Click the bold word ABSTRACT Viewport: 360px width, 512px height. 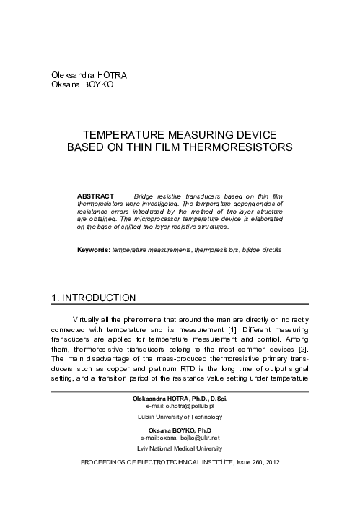click(95, 196)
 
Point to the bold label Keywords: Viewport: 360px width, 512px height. click(94, 249)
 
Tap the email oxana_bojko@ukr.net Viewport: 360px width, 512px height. click(181, 438)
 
